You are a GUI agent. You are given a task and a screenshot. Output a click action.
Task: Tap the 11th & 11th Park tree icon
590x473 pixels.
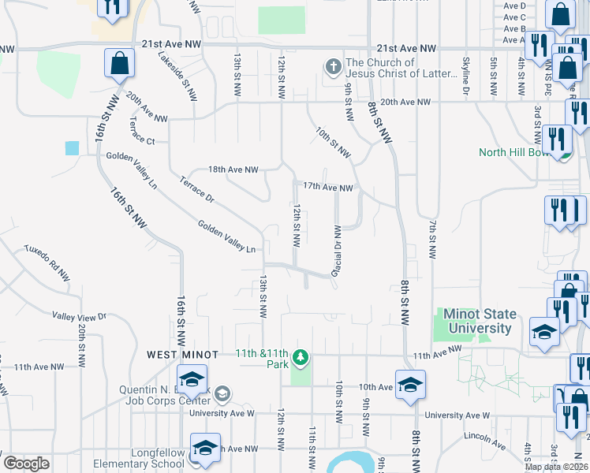click(x=300, y=359)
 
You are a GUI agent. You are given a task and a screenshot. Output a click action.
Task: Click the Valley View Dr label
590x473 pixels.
click(x=79, y=316)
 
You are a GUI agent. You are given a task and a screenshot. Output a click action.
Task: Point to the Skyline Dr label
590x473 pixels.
click(x=465, y=77)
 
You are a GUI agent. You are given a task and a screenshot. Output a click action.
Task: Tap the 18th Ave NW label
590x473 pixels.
click(x=233, y=169)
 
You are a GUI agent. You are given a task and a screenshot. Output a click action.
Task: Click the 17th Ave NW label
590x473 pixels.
click(x=327, y=187)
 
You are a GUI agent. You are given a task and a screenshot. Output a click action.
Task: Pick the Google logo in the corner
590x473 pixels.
click(x=27, y=464)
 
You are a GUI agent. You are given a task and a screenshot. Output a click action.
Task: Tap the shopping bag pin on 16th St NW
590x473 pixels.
click(x=120, y=64)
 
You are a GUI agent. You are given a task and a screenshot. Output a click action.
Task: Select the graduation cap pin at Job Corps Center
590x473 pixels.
click(x=192, y=380)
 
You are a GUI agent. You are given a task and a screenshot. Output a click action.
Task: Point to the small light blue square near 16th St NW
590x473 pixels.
click(x=73, y=147)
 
